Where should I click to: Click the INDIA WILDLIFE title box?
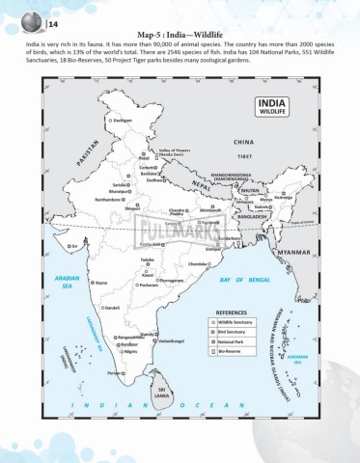[271, 107]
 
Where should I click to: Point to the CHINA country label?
[242, 142]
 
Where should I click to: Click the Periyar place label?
[116, 371]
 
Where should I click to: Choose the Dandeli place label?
[112, 307]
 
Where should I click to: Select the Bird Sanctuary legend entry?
[239, 332]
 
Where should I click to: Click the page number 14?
[26, 19]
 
